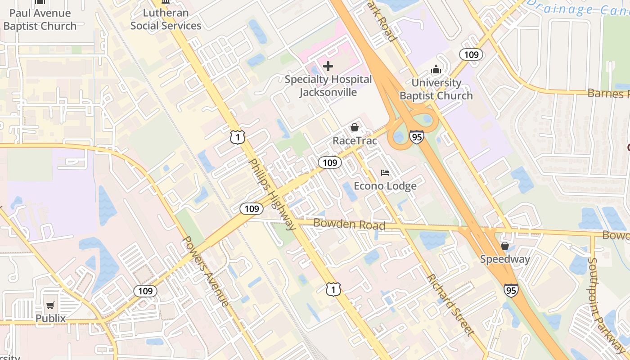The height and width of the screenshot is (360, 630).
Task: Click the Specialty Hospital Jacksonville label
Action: pos(328,86)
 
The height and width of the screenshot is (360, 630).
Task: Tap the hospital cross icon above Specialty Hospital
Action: pos(328,67)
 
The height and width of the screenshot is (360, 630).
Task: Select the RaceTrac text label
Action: pos(355,141)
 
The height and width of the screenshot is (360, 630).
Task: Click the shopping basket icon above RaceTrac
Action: pos(355,127)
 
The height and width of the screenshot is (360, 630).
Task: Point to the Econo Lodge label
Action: pos(385,186)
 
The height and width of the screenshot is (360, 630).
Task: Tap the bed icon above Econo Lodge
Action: pos(385,172)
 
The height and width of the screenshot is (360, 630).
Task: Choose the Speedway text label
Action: pos(505,259)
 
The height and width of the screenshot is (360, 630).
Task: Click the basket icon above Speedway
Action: pos(505,246)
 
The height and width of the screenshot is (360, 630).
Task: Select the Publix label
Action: pos(51,319)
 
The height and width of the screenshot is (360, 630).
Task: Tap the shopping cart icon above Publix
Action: pos(50,305)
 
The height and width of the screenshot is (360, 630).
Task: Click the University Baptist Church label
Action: pos(436,89)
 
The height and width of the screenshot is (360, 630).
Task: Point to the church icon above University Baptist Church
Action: pos(436,70)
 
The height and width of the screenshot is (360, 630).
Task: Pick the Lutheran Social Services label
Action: pos(166,19)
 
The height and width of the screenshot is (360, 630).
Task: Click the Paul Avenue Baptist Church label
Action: pos(40,19)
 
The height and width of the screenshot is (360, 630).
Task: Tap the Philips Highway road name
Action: pos(272,194)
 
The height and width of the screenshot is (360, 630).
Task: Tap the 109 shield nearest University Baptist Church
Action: pos(471,55)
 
